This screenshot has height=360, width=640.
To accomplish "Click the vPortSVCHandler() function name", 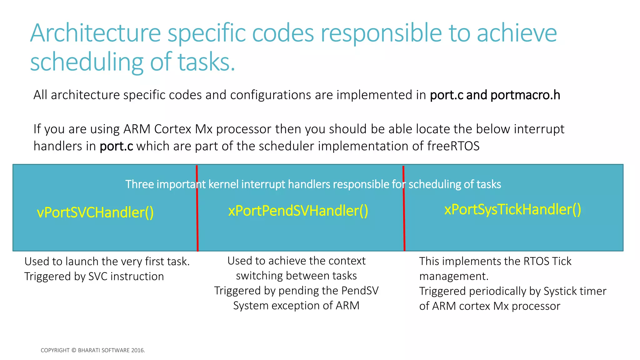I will [x=95, y=212].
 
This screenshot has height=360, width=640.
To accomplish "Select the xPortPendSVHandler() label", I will [x=298, y=211].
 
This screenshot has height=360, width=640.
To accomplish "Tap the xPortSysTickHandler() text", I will [x=512, y=209].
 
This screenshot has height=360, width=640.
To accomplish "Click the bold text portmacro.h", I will [x=525, y=95].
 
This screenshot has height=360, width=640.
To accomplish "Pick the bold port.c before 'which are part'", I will [x=116, y=146].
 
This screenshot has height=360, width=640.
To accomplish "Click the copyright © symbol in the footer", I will [x=74, y=350].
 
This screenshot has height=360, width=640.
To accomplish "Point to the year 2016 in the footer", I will [x=137, y=350].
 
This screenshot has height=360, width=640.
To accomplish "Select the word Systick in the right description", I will [x=558, y=291].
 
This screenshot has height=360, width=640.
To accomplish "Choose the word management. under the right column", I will [x=454, y=276].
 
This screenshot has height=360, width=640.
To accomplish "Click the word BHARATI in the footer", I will [x=88, y=350].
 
